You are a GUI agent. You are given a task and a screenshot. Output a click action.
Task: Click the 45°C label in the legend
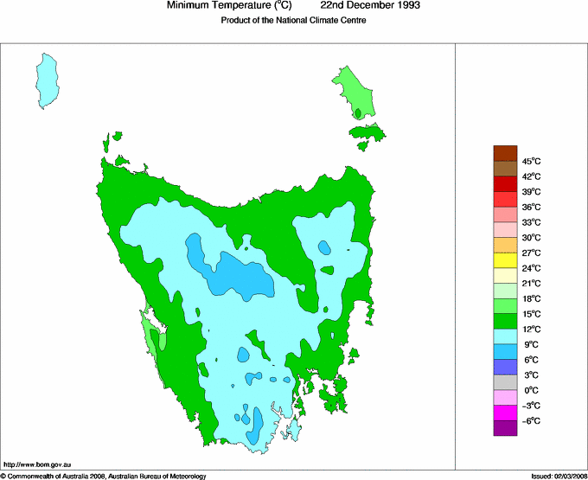pyautogui.click(x=531, y=161)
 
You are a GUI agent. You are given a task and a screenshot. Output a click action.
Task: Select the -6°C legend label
pyautogui.click(x=531, y=420)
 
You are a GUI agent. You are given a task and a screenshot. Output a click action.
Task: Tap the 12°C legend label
pyautogui.click(x=531, y=329)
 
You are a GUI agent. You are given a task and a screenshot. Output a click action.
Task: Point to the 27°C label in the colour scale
pyautogui.click(x=531, y=253)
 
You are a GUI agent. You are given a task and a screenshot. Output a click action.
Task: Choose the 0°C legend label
pyautogui.click(x=531, y=390)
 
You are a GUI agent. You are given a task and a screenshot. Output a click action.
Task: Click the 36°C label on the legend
pyautogui.click(x=531, y=207)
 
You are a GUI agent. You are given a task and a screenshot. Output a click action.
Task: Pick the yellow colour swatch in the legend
pyautogui.click(x=505, y=260)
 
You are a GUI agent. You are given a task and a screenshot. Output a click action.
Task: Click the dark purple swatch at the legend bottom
pyautogui.click(x=505, y=427)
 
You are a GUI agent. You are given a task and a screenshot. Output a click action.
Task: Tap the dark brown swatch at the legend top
pyautogui.click(x=505, y=153)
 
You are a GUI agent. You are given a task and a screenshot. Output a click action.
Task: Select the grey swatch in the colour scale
pyautogui.click(x=505, y=381)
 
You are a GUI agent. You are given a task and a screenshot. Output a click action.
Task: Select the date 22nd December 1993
pyautogui.click(x=376, y=6)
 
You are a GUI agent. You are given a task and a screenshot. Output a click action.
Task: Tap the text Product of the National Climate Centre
pyautogui.click(x=294, y=21)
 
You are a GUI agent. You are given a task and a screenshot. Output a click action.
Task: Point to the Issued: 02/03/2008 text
pyautogui.click(x=558, y=476)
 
